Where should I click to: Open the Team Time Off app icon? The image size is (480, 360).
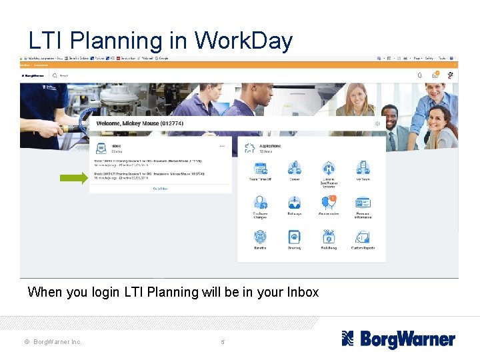(x=260, y=167)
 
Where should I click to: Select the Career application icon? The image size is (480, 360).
(x=294, y=167)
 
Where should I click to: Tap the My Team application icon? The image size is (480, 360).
(x=363, y=167)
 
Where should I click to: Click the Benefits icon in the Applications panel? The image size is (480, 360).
(x=260, y=237)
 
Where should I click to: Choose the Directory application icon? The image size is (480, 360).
(x=294, y=237)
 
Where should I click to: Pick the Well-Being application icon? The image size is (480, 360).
(x=329, y=237)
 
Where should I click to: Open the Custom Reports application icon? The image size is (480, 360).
(x=363, y=237)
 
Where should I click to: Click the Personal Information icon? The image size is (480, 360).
(x=363, y=203)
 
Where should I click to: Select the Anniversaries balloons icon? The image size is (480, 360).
(x=329, y=203)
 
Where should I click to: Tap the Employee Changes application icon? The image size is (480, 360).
(x=260, y=203)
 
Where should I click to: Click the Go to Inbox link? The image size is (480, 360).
(x=160, y=189)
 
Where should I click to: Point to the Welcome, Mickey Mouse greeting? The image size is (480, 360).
(x=139, y=123)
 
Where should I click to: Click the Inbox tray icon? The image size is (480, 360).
(x=101, y=147)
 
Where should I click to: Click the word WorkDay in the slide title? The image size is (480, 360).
(x=243, y=41)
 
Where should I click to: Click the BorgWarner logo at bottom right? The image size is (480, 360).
(x=398, y=339)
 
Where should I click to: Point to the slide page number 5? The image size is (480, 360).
(x=223, y=342)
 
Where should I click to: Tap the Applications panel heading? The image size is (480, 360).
(x=270, y=146)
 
